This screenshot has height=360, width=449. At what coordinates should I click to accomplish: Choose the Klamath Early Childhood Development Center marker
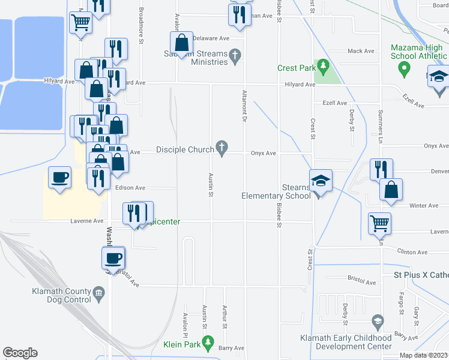377,321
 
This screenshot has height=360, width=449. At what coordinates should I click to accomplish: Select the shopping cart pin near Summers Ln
379,223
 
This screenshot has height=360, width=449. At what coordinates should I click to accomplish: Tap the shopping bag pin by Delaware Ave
181,43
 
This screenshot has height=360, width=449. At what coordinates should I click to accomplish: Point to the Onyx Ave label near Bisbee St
263,153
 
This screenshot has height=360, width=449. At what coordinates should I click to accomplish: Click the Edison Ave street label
130,188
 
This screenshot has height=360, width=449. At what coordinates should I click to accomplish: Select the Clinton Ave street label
414,252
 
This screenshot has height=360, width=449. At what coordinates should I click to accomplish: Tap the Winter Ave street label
423,206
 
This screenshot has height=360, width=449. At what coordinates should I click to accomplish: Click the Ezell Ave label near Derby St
334,103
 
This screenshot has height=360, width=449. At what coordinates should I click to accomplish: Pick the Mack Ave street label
360,52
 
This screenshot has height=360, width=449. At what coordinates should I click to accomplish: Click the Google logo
20,353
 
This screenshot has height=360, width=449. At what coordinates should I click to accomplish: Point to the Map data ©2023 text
424,355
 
